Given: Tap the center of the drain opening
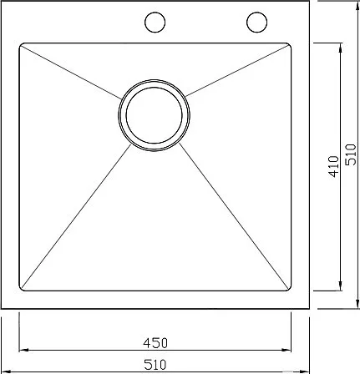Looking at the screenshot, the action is click(x=155, y=115).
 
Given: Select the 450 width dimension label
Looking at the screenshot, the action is click(x=155, y=343).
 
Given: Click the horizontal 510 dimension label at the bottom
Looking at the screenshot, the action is click(x=155, y=364).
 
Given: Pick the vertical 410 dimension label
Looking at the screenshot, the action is click(x=334, y=166).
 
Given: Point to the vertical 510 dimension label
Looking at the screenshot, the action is click(x=351, y=154).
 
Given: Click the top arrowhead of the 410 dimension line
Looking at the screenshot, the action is click(x=340, y=48).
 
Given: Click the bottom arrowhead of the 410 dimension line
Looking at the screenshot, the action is click(x=340, y=286).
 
